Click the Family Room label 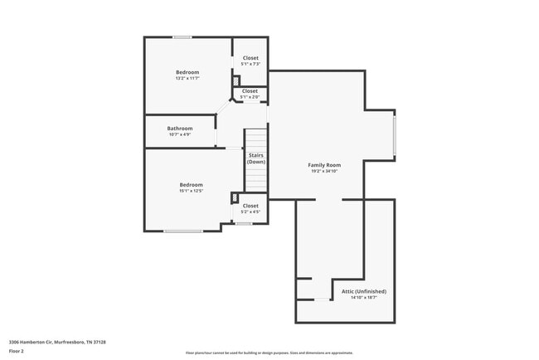[324, 165]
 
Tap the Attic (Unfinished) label [364, 291]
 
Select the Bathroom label [180, 129]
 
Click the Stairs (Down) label [255, 158]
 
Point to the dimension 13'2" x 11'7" [187, 79]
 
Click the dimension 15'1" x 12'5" [192, 191]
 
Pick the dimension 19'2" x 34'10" [324, 172]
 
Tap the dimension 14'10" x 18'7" [364, 298]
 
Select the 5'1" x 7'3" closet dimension [250, 65]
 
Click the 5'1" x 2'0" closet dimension [250, 97]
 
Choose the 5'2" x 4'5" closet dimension [250, 212]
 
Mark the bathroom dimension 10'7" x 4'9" [180, 134]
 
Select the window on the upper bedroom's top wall [182, 36]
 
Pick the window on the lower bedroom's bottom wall [183, 231]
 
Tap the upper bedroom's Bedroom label [187, 72]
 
